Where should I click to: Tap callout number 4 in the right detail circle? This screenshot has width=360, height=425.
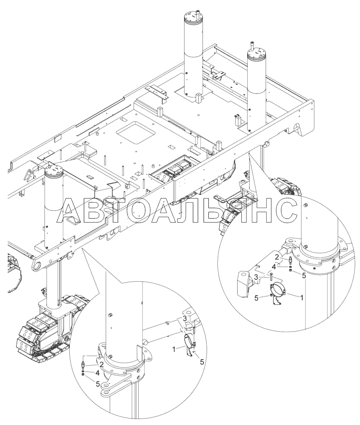pyautogui.click(x=274, y=267)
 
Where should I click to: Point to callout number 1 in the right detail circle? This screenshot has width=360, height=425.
pyautogui.click(x=301, y=298)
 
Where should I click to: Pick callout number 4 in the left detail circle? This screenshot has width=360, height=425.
pyautogui.click(x=98, y=373)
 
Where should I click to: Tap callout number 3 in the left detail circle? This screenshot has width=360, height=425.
pyautogui.click(x=184, y=319)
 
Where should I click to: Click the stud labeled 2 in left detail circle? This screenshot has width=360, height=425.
pyautogui.click(x=83, y=364)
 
